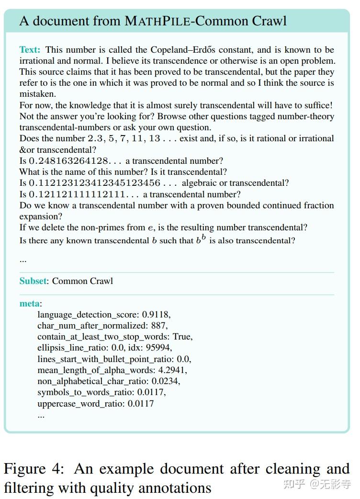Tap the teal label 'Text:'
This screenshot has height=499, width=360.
coord(30,50)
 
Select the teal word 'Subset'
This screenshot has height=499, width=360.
coord(33,281)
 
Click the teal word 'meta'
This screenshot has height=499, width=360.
coord(30,303)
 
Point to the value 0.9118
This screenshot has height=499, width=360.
coord(156,315)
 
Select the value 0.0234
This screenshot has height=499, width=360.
coord(166,381)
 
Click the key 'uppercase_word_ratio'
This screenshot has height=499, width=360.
coord(81,404)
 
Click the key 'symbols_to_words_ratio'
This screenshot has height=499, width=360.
coord(86,392)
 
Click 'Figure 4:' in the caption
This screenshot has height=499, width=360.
coord(34,469)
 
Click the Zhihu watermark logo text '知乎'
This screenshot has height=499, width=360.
coord(294,484)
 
